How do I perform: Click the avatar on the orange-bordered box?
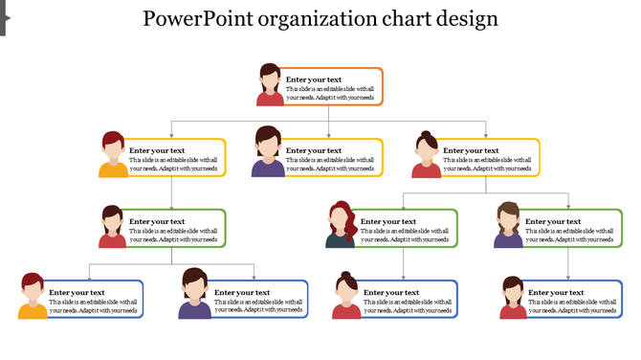(x=271, y=84)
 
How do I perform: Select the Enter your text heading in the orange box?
(x=314, y=79)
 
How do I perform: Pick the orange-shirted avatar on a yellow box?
(x=114, y=155)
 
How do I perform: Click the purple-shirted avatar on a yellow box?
(x=268, y=154)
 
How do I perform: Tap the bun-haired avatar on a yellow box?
(x=427, y=155)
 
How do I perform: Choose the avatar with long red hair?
(x=341, y=225)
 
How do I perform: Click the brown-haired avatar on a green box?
(x=508, y=226)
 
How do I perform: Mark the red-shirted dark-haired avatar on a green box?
(x=113, y=227)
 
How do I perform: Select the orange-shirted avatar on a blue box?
(x=33, y=297)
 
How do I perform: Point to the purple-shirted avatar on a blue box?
(x=194, y=295)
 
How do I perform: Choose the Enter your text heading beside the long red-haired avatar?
(x=388, y=221)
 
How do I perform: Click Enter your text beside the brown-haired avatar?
(x=553, y=221)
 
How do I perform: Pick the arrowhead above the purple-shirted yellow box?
(x=328, y=135)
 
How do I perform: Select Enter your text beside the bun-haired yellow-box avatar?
(x=471, y=150)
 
